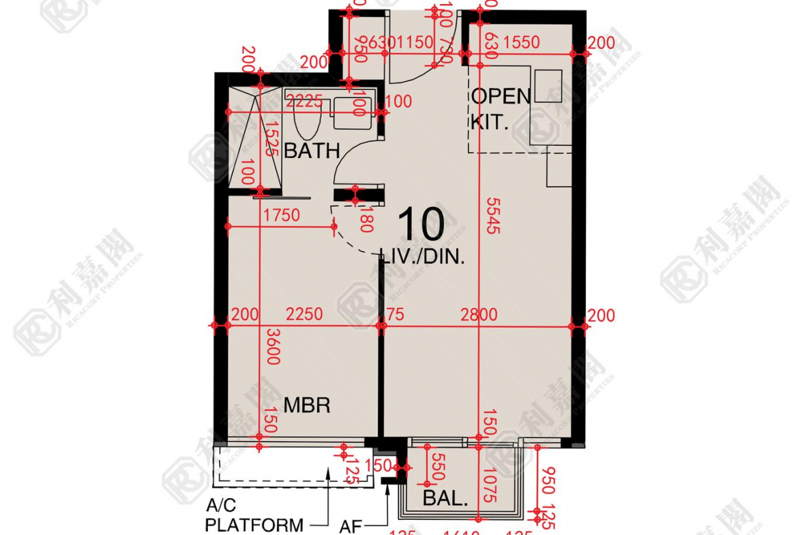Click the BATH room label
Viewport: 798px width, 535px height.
312,151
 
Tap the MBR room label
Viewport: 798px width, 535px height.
307,406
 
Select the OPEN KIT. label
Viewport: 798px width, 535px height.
500,110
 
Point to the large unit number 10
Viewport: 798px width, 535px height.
421,224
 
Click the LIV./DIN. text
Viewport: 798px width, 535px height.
424,258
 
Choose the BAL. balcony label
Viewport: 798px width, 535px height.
445,499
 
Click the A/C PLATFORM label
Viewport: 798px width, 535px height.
254,516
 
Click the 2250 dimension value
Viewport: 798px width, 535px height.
304,315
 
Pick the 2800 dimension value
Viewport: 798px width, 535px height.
479,315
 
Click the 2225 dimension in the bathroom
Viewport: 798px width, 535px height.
304,102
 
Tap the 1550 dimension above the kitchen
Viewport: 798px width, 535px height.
521,43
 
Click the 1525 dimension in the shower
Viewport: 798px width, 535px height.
271,139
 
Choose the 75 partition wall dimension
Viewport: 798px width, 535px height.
396,315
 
